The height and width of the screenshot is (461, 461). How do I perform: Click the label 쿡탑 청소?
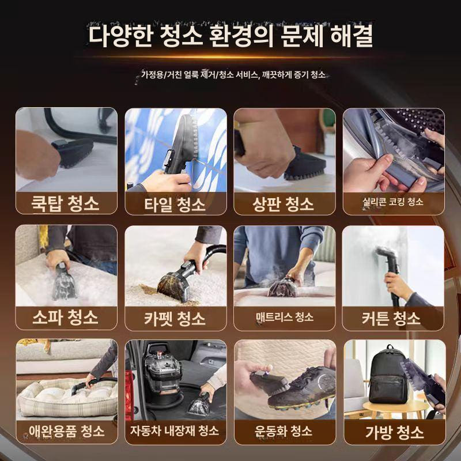tap(66, 203)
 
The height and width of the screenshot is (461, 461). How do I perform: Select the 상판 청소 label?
tap(284, 203)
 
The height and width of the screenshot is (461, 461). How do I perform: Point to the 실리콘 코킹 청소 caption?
tap(393, 202)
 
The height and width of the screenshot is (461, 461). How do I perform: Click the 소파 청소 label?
tap(66, 317)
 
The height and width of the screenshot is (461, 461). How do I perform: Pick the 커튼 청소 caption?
tap(393, 318)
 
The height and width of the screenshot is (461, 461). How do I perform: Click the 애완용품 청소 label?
tap(66, 430)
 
